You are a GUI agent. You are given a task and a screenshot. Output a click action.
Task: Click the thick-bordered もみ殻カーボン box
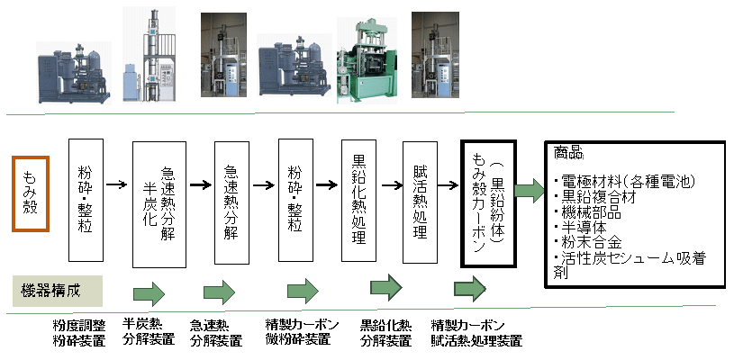(x=487, y=203)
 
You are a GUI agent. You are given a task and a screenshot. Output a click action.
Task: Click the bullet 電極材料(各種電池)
(x=625, y=182)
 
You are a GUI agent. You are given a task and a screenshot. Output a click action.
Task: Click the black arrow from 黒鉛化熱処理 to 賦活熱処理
(x=391, y=187)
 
